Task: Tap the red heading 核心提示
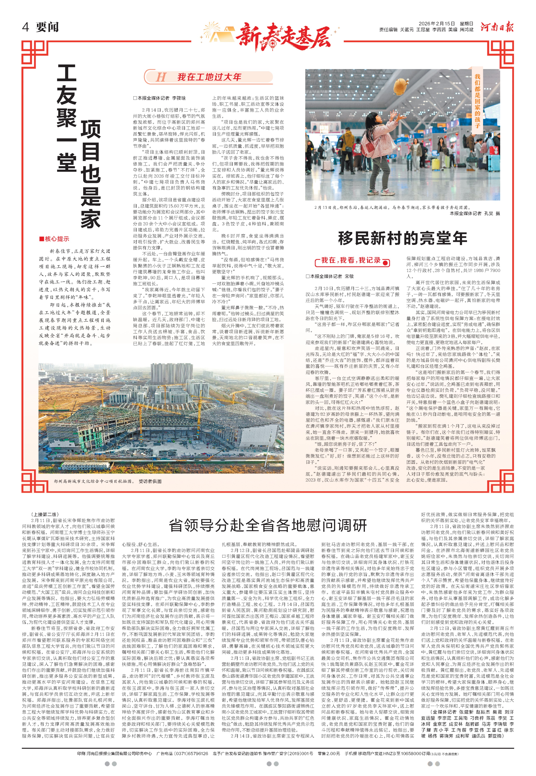(54, 239)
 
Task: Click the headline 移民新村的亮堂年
(402, 238)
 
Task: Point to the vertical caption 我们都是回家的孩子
(477, 101)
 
